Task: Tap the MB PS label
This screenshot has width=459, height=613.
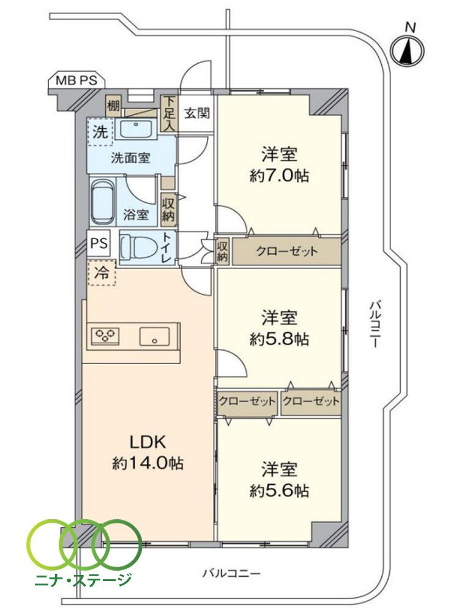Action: click(76, 80)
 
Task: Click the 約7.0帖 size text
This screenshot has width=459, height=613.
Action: click(279, 176)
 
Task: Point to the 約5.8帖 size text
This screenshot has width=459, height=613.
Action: click(279, 338)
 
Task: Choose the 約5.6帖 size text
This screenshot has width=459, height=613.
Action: click(279, 490)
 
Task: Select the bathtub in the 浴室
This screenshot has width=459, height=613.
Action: click(103, 203)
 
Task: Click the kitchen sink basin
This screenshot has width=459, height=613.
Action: click(154, 336)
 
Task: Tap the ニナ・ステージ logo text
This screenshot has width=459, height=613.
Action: click(84, 579)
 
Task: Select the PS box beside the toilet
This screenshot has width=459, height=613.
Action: click(99, 243)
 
